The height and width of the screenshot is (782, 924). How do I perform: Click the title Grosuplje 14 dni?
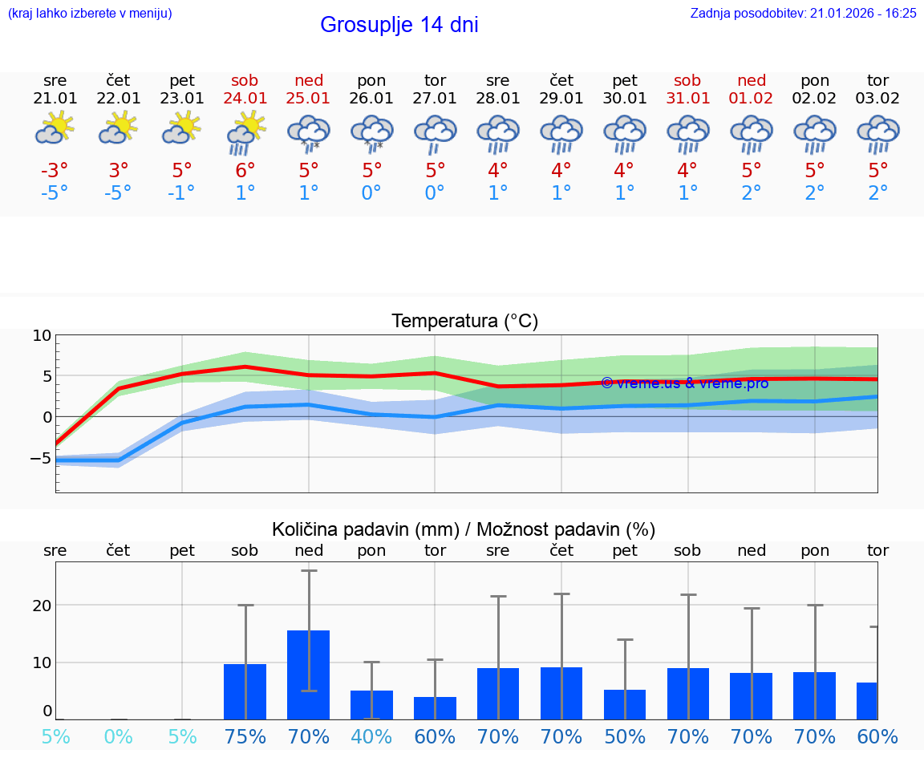[399, 25]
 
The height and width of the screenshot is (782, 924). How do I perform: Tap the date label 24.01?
[245, 98]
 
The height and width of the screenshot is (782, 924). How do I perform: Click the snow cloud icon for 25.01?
[309, 132]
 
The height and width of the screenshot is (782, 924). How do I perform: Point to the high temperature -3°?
[55, 170]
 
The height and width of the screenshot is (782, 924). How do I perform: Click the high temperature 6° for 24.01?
[245, 170]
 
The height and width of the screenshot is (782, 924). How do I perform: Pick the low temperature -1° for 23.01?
[181, 193]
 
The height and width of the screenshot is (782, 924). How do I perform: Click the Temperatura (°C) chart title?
[464, 321]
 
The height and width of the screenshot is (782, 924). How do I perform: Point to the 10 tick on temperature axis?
[42, 335]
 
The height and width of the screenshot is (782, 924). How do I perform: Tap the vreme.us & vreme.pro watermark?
[684, 383]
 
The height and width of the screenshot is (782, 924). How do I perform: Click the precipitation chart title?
[464, 529]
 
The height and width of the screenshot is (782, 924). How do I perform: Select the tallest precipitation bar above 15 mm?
[309, 674]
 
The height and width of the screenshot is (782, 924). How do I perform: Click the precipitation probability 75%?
[245, 736]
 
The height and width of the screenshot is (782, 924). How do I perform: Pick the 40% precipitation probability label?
[371, 736]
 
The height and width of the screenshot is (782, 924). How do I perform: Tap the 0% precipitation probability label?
[118, 736]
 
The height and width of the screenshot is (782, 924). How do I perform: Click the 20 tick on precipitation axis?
[42, 605]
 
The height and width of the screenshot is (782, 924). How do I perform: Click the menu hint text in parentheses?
[90, 13]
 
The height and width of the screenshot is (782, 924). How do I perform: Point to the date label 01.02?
[752, 98]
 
